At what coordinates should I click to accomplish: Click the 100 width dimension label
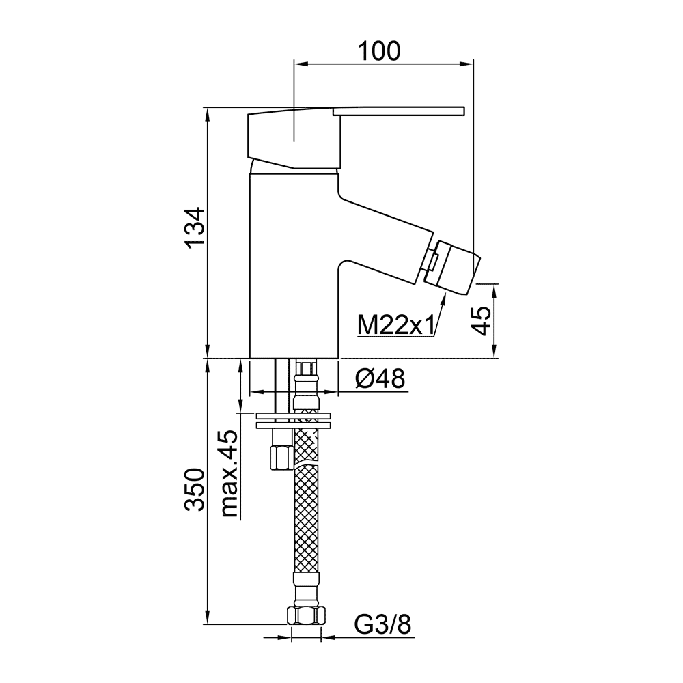coord(378,51)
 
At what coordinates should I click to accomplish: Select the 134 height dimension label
coord(195,227)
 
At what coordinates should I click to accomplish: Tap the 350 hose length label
coord(195,490)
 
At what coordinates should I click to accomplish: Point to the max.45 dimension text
coord(229,473)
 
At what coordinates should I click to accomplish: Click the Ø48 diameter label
coord(380,378)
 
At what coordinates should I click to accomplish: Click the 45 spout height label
coord(481,320)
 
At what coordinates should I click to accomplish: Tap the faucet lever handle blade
coord(399,111)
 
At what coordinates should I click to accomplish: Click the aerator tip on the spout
coord(453,266)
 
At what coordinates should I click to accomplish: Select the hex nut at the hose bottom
coord(307,615)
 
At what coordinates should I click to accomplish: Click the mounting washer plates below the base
coord(293,420)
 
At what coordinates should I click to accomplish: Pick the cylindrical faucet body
coord(294,266)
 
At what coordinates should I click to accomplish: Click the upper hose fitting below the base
coord(307,385)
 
